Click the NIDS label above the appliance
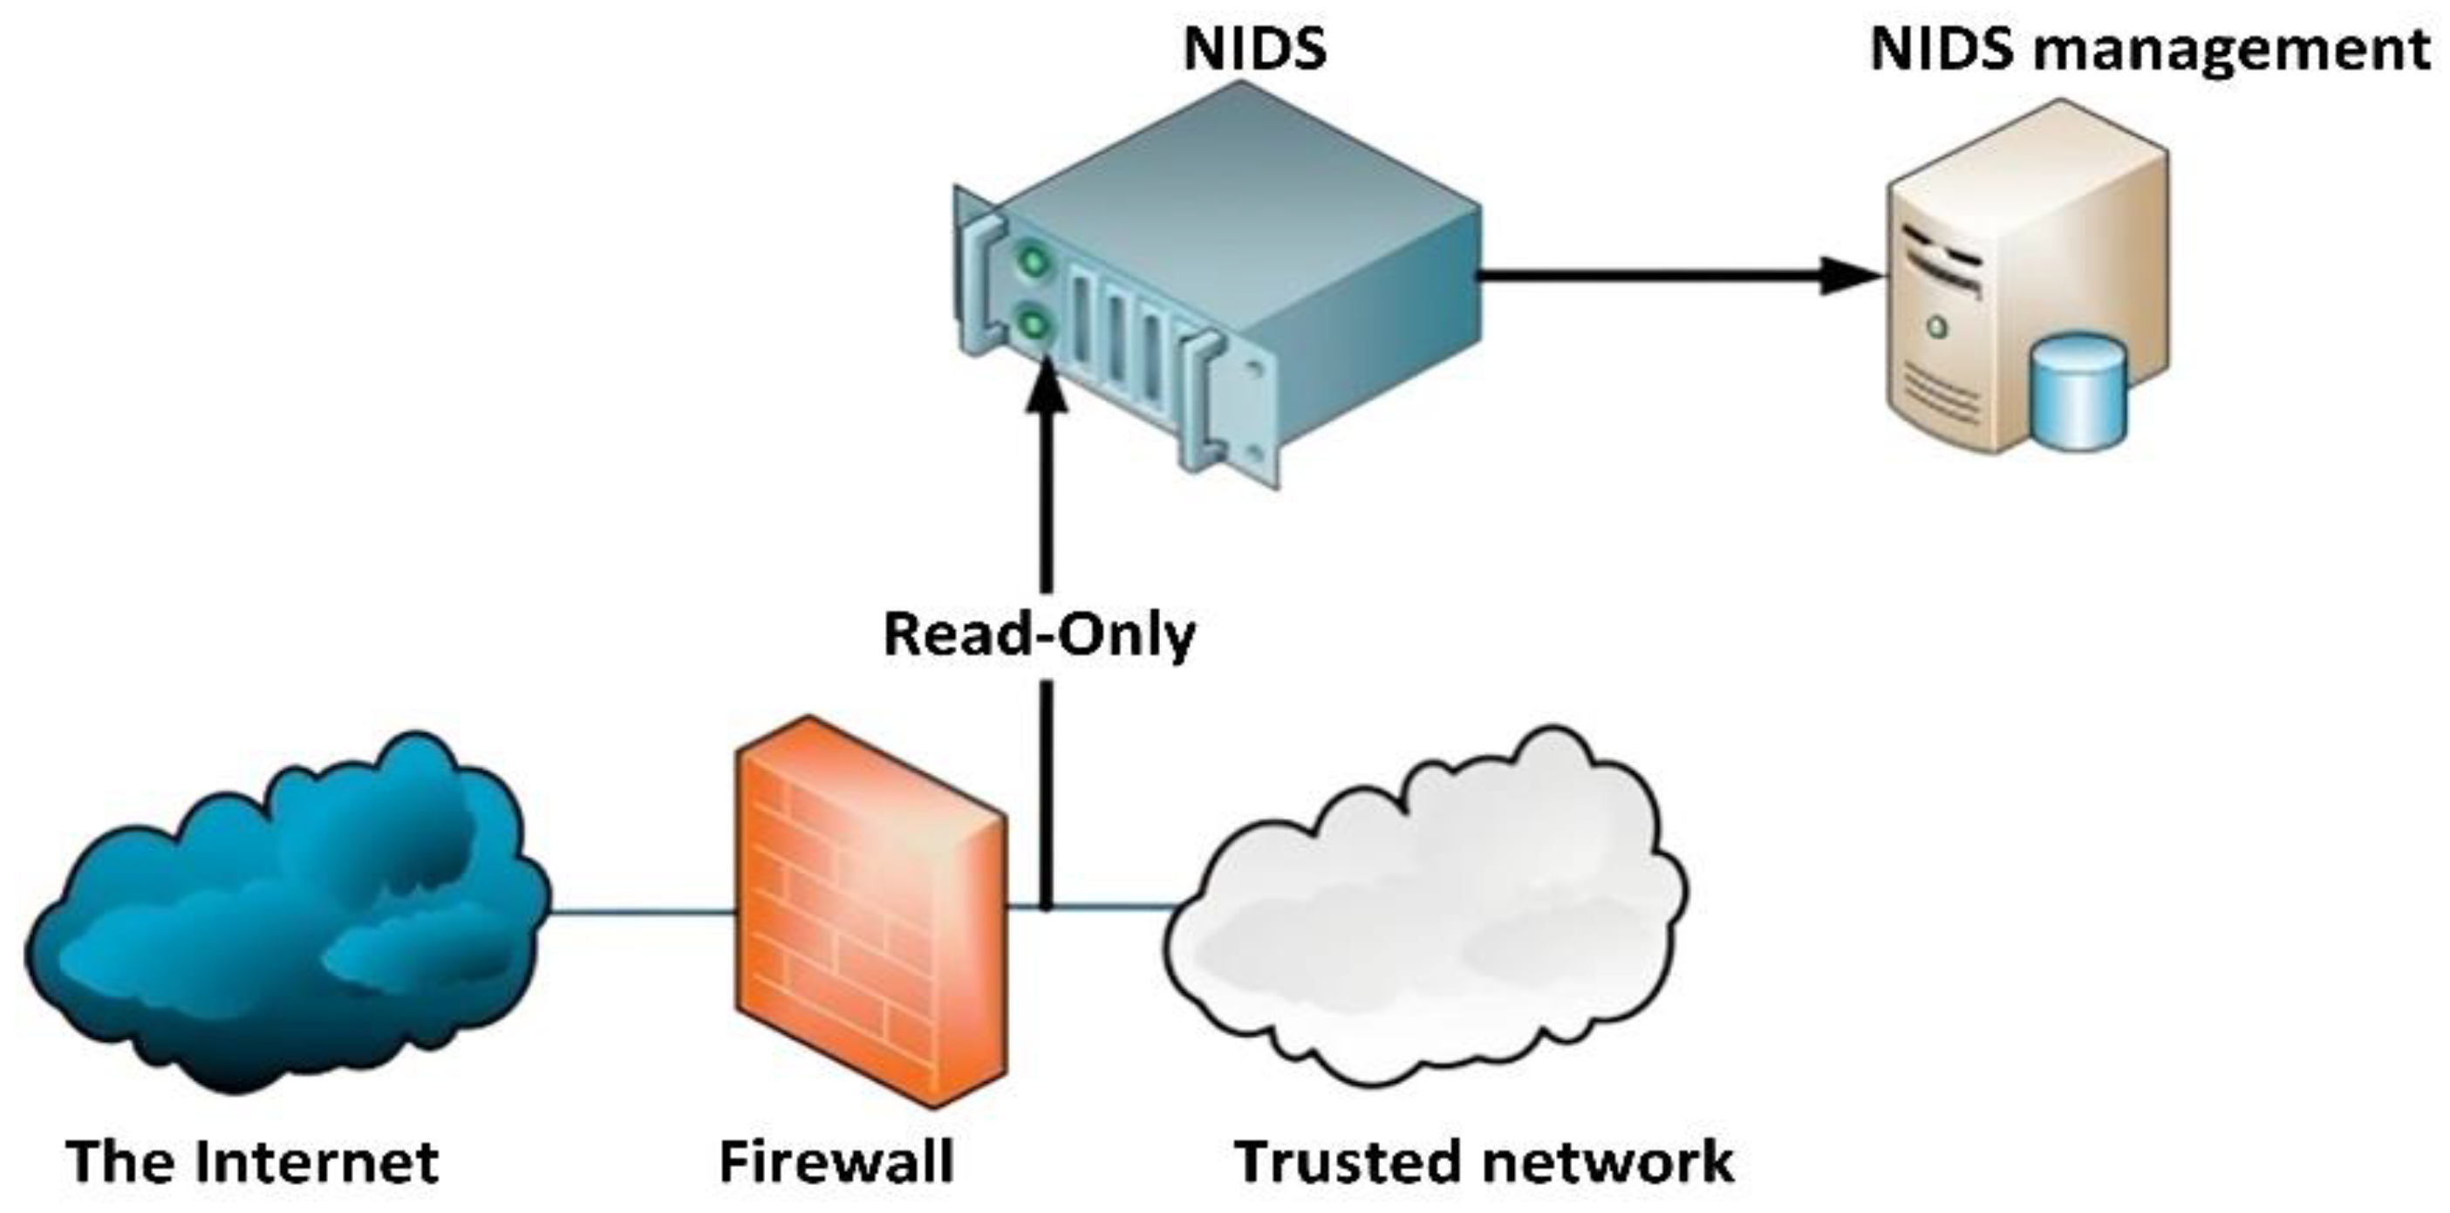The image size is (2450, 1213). point(1254,50)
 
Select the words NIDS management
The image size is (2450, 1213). point(2149,50)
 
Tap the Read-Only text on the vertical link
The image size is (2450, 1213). point(1039,634)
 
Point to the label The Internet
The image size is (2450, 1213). point(252,1162)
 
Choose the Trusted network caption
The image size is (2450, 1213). point(1484,1162)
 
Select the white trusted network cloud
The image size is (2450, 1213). point(1427,914)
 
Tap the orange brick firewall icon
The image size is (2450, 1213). point(870,914)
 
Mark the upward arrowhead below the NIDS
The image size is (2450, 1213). point(1046,390)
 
